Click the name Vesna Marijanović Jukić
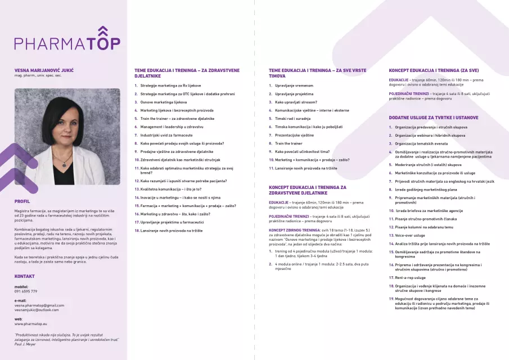tap(44, 70)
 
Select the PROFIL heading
tap(22, 201)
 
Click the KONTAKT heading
tap(25, 276)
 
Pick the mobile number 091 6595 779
tap(26, 291)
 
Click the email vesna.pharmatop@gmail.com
tap(39, 305)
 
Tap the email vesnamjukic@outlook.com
tap(37, 310)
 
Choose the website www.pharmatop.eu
tap(31, 324)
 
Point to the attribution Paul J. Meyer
tap(26, 345)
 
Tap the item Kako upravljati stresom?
tap(296, 102)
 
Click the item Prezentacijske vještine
tap(294, 135)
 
